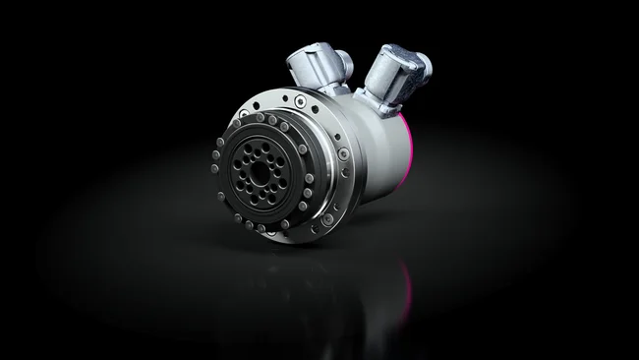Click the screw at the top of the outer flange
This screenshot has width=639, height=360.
pos(295,98)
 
